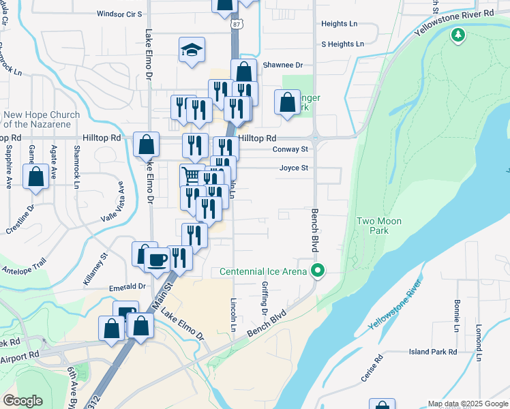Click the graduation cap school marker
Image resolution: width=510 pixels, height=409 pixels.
point(192,50)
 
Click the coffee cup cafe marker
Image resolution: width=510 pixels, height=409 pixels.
point(157,260)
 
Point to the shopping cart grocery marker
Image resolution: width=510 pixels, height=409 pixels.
point(192,177)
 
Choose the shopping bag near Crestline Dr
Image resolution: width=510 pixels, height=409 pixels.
point(35,177)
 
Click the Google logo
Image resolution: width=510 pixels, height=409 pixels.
point(22,400)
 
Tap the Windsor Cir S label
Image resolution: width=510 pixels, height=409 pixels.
point(119,13)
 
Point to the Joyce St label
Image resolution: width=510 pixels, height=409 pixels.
point(294,168)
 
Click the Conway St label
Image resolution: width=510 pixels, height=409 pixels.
point(290,149)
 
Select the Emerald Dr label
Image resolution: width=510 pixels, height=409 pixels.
point(128,288)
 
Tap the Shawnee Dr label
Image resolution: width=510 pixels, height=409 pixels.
point(282,65)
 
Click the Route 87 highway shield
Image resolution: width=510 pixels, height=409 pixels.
point(235,24)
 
